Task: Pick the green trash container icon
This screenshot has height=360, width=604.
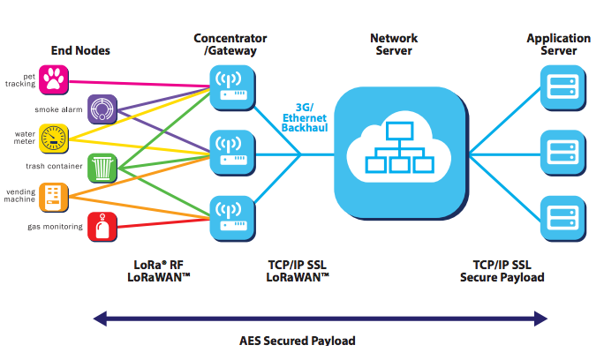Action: pos(102,166)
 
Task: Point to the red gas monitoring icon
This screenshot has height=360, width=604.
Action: pos(102,226)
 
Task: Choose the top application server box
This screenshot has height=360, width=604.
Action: pos(562,88)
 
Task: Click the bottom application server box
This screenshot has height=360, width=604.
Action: pos(562,216)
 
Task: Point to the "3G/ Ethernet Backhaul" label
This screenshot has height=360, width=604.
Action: pos(304,116)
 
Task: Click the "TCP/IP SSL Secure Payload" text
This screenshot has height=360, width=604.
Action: pos(502,271)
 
